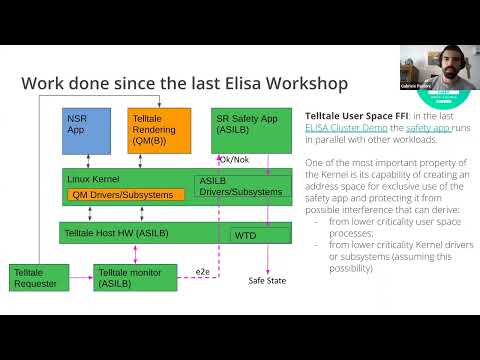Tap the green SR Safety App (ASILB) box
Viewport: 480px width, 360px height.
click(245, 130)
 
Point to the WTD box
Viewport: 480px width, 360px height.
click(255, 235)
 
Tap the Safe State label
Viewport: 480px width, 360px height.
click(267, 281)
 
